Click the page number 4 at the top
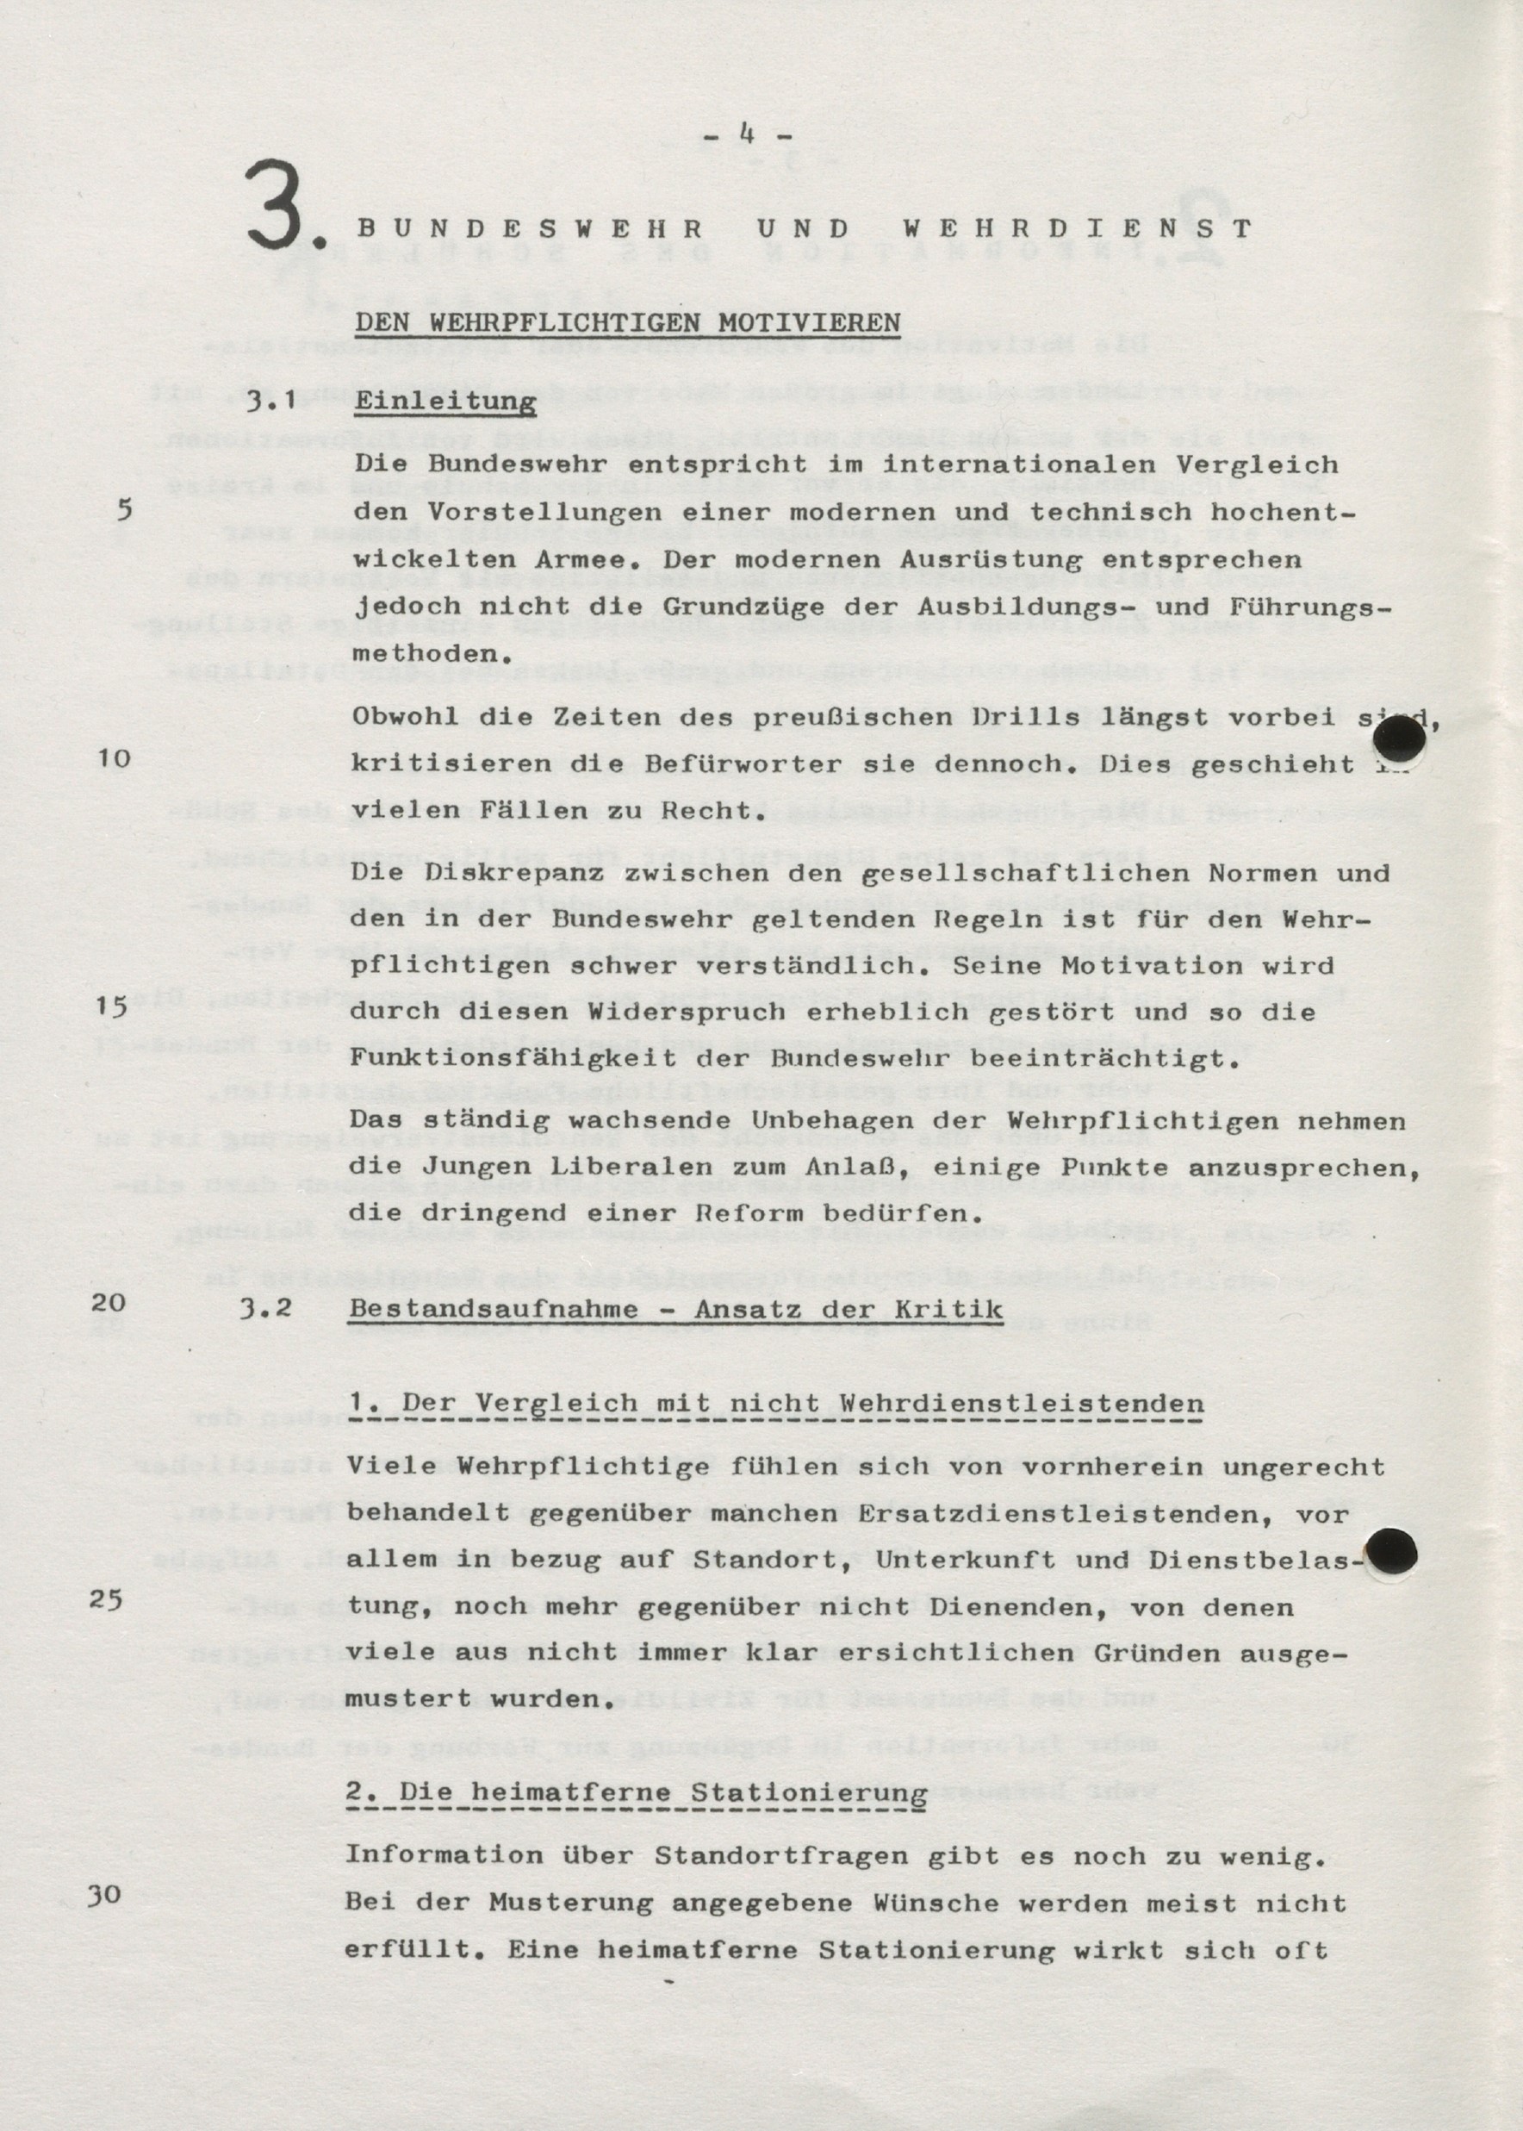pos(748,135)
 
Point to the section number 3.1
pos(272,402)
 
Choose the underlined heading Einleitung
pos(445,402)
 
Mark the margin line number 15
pos(112,1007)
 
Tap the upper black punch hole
pos(1399,743)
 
